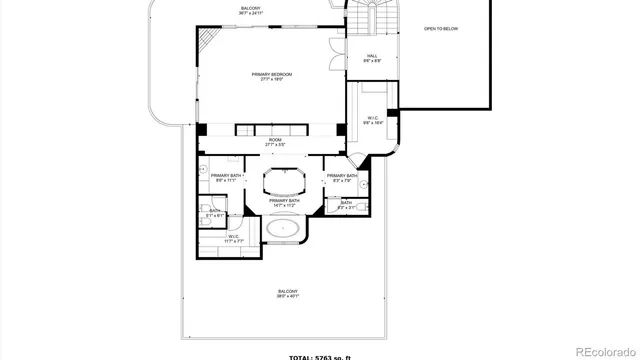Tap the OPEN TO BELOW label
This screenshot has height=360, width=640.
(442, 29)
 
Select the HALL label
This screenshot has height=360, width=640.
(371, 58)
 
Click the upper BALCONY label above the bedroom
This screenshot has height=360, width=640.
(251, 11)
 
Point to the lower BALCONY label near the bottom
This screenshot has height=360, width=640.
(287, 293)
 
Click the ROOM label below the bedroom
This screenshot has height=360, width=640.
(274, 142)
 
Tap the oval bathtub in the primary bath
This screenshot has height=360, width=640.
(285, 228)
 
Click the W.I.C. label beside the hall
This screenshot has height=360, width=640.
(371, 120)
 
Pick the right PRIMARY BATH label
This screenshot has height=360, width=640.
(340, 178)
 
